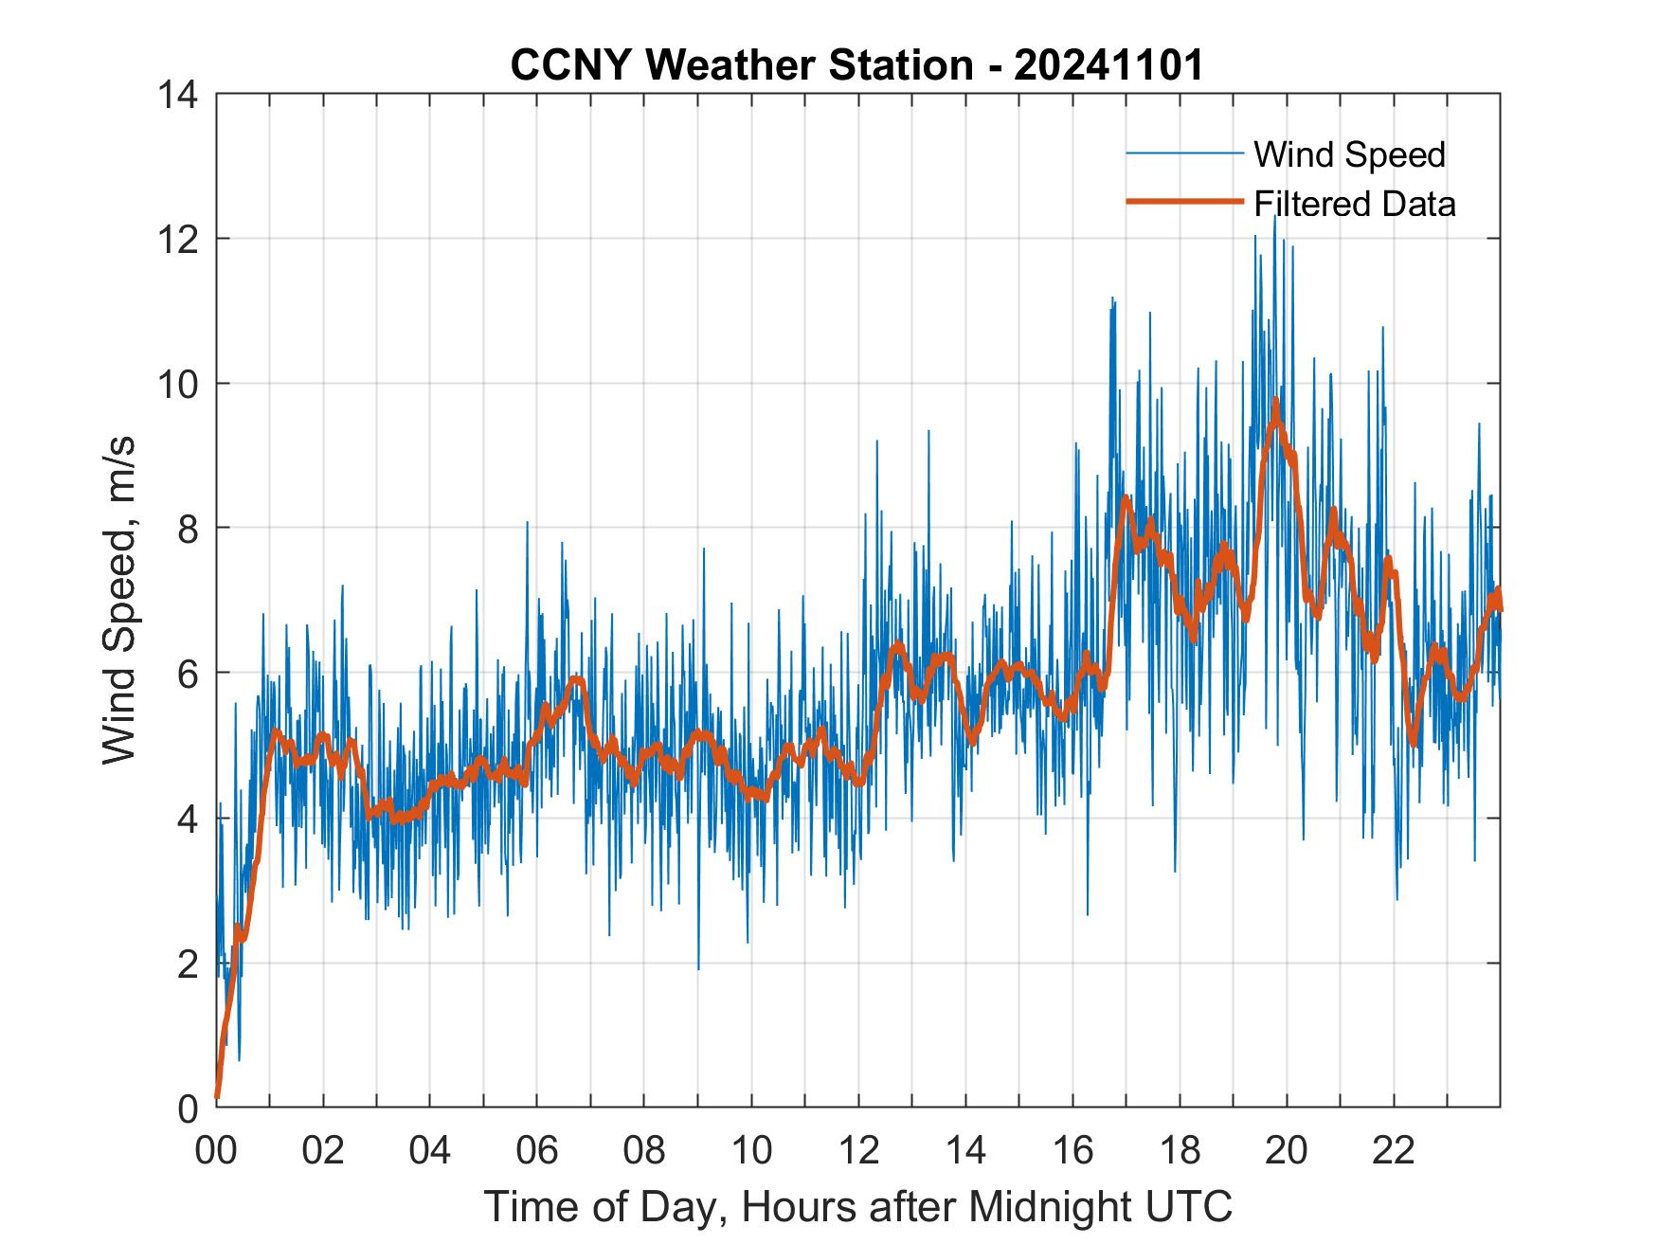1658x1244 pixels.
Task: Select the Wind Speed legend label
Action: click(1349, 154)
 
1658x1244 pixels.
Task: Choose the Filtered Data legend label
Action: click(1354, 204)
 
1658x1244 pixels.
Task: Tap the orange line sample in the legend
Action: click(1184, 202)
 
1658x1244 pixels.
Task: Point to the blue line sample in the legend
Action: click(1184, 153)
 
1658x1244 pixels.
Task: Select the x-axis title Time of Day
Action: click(857, 1207)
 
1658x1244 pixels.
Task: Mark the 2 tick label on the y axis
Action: click(188, 965)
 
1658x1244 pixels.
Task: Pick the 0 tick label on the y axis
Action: click(188, 1109)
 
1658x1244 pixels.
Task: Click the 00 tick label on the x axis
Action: click(216, 1150)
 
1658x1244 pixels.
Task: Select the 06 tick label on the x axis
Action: click(537, 1150)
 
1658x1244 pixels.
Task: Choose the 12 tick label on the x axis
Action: click(858, 1150)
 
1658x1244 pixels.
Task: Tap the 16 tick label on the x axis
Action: click(1072, 1150)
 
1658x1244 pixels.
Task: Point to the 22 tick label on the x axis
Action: click(1394, 1150)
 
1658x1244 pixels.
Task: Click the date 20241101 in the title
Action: click(1108, 65)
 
